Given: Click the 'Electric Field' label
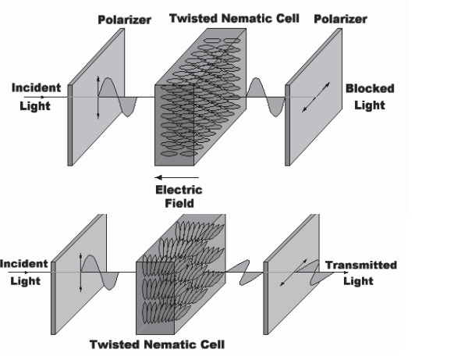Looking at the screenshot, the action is pos(179,197).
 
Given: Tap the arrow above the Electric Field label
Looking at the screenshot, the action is pos(176,177).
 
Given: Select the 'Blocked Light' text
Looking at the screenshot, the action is pos(370,97).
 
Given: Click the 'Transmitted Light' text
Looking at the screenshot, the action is pos(360,273).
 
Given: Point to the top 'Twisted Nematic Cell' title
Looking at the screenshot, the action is pos(234,18).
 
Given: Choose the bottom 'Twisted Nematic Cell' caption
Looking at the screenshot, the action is pos(158,344).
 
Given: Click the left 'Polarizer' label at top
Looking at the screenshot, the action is pos(125,20).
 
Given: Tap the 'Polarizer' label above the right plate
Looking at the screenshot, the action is pos(340,19).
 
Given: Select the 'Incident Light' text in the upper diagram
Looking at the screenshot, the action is pos(36,97).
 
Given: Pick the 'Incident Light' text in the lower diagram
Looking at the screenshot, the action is pos(24,273).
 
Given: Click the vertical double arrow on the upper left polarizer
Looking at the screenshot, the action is pos(98,98).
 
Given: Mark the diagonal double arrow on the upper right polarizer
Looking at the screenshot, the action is pos(316,97).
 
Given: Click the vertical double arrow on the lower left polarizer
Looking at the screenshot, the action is pos(80,273).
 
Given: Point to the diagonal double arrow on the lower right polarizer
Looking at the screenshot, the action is pos(293,273).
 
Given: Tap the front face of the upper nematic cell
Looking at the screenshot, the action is pos(174,125).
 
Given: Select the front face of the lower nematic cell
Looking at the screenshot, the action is pos(155,298).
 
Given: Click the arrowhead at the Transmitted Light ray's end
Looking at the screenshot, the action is pos(346,273).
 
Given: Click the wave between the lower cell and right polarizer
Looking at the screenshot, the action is pos(244,273).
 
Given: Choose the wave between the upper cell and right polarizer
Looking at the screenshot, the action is pos(265,98).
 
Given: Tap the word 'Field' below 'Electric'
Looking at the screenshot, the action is pos(179,203).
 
